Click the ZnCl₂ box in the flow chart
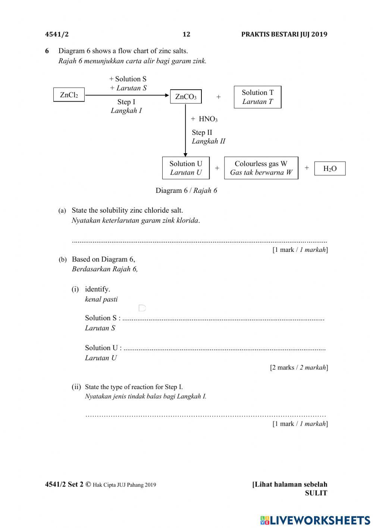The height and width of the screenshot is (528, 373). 69,95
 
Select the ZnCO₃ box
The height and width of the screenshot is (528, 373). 186,97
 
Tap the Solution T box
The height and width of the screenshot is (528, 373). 257,97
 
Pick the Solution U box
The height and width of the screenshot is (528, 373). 186,168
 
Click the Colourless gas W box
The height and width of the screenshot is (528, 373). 261,168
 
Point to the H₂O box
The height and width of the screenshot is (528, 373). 330,169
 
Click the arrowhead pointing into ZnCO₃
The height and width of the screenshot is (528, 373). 167,95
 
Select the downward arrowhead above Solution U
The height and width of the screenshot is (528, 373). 185,154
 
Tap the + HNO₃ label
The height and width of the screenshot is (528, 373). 204,119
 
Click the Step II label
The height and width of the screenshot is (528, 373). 202,132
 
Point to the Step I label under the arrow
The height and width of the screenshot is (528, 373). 126,102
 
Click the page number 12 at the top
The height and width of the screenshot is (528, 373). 186,34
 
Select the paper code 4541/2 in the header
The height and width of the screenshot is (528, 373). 57,34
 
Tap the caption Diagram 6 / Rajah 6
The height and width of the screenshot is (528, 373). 186,191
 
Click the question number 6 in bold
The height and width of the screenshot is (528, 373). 47,51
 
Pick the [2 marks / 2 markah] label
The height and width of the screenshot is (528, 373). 299,367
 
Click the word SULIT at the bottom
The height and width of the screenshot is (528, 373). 316,493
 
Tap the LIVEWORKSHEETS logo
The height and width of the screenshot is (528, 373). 315,520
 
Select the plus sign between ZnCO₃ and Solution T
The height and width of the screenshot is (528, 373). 219,97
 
